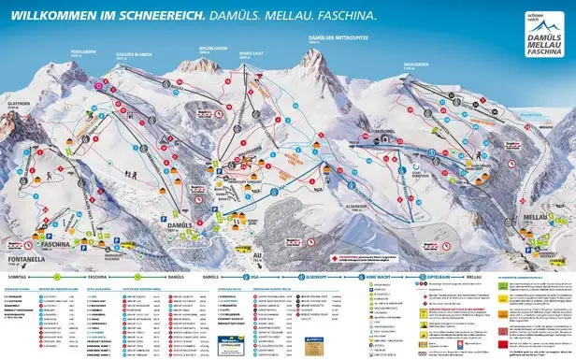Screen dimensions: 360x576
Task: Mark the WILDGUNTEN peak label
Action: point(416,65)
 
